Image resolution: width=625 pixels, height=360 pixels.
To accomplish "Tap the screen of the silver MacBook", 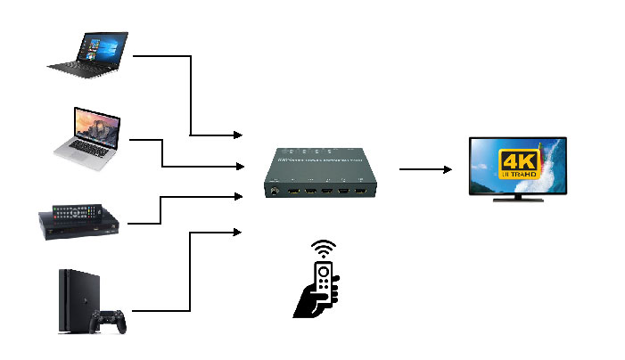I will click(95, 127).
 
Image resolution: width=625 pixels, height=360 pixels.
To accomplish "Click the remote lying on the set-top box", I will click(76, 212).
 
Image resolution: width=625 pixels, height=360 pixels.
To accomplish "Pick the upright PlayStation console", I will click(70, 301).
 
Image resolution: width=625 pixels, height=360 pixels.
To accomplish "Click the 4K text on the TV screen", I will click(518, 161).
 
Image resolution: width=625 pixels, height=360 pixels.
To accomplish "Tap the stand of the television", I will click(519, 197).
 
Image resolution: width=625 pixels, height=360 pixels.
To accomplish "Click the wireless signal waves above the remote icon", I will click(324, 248).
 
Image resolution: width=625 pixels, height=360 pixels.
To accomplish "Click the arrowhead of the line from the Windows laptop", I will click(238, 135).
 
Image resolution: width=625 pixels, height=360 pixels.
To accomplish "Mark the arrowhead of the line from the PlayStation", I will click(238, 232).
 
